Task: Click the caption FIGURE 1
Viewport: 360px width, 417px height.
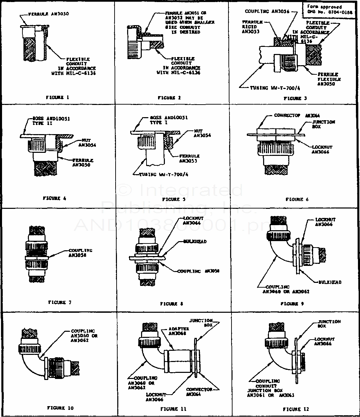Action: (x=57, y=97)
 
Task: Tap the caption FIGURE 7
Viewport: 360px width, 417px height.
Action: (x=60, y=302)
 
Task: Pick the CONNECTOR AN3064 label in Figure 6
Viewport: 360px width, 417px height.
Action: (x=296, y=116)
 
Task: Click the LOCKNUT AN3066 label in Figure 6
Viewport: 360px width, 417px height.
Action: (x=321, y=149)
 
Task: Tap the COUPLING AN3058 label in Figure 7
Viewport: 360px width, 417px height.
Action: (x=80, y=252)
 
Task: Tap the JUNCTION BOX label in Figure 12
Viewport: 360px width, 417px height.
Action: (x=329, y=324)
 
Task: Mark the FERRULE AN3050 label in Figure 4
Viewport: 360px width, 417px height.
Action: (x=83, y=162)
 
